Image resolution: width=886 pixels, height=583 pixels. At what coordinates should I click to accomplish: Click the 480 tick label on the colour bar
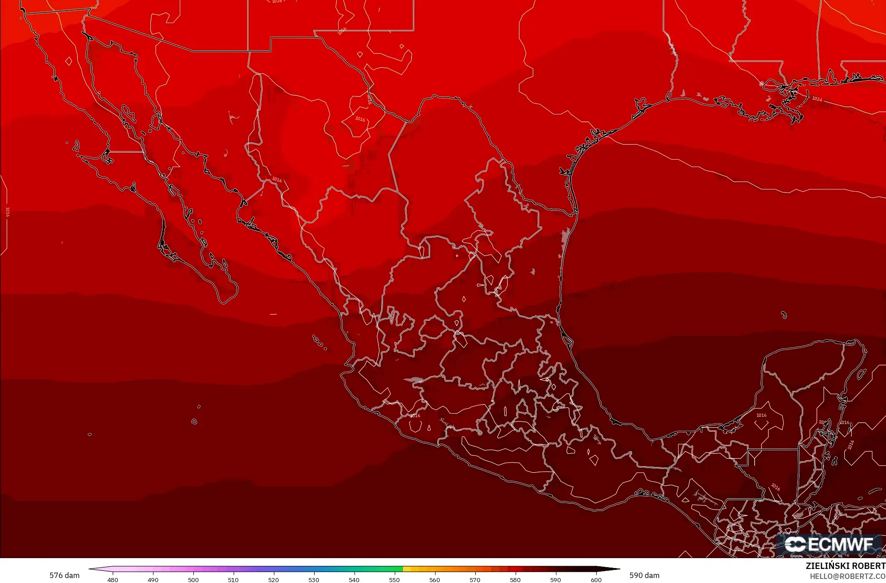pos(113,580)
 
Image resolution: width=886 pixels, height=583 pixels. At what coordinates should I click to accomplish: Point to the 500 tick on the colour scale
pos(193,580)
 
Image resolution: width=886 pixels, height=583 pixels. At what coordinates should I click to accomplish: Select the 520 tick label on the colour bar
pos(273,580)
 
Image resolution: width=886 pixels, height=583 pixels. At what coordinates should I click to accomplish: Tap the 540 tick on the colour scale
pos(354,580)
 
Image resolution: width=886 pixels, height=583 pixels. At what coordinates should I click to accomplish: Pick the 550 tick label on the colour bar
pos(394,580)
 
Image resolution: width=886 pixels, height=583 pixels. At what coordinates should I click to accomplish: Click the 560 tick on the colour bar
pos(435,580)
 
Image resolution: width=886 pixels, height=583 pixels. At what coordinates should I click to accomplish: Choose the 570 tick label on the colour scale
pos(475,580)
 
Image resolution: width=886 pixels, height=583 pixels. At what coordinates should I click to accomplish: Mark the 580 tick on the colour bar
pos(515,580)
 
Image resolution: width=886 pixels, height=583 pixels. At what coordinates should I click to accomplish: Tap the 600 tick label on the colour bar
pos(596,580)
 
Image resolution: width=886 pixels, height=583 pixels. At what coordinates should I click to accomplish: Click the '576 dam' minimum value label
pos(64,576)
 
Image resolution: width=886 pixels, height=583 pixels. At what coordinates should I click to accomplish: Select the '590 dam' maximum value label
pos(644,576)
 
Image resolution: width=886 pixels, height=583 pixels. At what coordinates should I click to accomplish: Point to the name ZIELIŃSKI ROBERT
pos(845,566)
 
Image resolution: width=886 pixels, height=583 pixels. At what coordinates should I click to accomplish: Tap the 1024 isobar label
pos(817,99)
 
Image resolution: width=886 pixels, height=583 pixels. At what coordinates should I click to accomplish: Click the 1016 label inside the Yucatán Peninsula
pos(761,415)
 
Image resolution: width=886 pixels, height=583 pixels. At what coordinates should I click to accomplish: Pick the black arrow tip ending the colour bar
pos(616,569)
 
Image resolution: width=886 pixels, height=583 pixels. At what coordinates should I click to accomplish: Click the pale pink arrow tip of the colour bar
pos(92,569)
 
